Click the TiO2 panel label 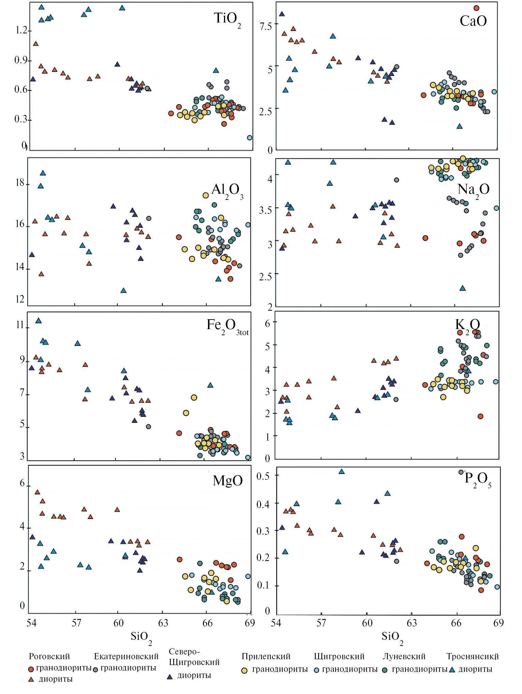point(227,19)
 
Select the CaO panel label point(473,21)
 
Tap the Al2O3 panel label point(227,190)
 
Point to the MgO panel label point(227,481)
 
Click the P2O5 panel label point(478,479)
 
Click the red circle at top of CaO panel point(476,8)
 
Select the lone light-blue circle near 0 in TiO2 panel point(250,138)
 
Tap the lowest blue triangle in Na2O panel point(462,288)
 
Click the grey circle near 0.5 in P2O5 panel point(461,472)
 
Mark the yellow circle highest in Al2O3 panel point(206,195)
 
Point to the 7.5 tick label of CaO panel point(266,26)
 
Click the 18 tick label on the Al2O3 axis point(20,183)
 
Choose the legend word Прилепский point(266,656)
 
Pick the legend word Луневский point(404,656)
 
